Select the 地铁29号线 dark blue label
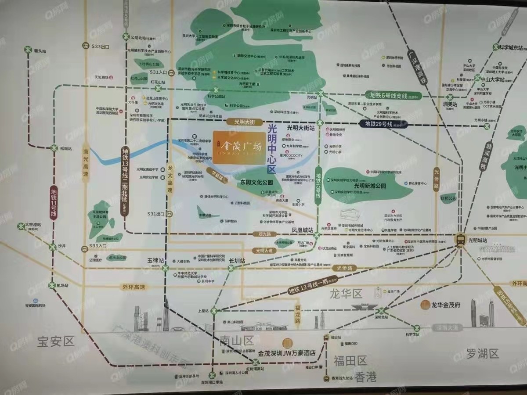[380, 124]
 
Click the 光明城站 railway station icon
[460, 240]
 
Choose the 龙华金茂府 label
[445, 305]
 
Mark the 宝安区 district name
[56, 341]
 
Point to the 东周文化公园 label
[256, 182]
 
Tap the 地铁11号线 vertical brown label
[54, 202]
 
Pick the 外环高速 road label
[134, 287]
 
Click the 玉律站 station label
[155, 260]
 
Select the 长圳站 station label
[237, 260]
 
